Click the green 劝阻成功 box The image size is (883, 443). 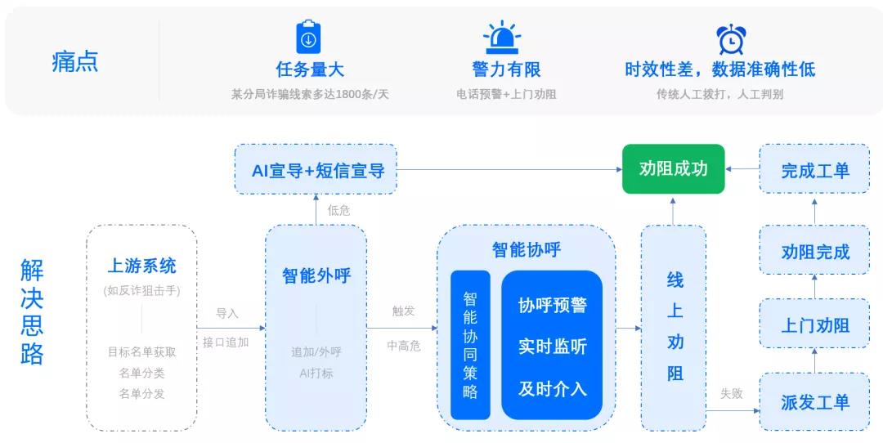(x=673, y=169)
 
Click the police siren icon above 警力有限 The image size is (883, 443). (x=502, y=38)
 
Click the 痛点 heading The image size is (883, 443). (x=75, y=62)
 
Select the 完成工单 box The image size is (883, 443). (x=814, y=170)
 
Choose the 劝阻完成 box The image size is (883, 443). (x=814, y=251)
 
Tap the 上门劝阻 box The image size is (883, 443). (x=814, y=325)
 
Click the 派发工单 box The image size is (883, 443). (x=814, y=401)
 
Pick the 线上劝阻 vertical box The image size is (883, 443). (x=674, y=327)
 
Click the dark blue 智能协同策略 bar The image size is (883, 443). (x=470, y=344)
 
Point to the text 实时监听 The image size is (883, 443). (x=552, y=346)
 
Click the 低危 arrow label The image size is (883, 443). (x=338, y=210)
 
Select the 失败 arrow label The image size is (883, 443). (x=731, y=393)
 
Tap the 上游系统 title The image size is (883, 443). (x=141, y=266)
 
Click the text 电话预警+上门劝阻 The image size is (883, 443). (x=505, y=94)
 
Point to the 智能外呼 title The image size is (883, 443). (x=316, y=275)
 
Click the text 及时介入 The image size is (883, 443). (x=552, y=388)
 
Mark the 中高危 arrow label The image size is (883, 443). (x=403, y=346)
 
